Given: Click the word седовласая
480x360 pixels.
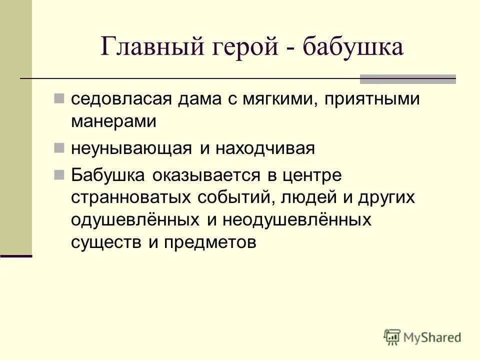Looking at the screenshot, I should (x=122, y=99).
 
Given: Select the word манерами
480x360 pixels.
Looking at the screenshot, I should (x=114, y=121).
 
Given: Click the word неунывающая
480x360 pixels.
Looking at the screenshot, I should (x=132, y=149).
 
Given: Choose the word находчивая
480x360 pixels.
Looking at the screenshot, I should (x=264, y=149).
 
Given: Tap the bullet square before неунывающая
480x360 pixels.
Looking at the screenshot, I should (x=59, y=147).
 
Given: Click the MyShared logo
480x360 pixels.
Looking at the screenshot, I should (x=422, y=337).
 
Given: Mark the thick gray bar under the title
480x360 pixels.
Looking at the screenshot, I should (x=408, y=78).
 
